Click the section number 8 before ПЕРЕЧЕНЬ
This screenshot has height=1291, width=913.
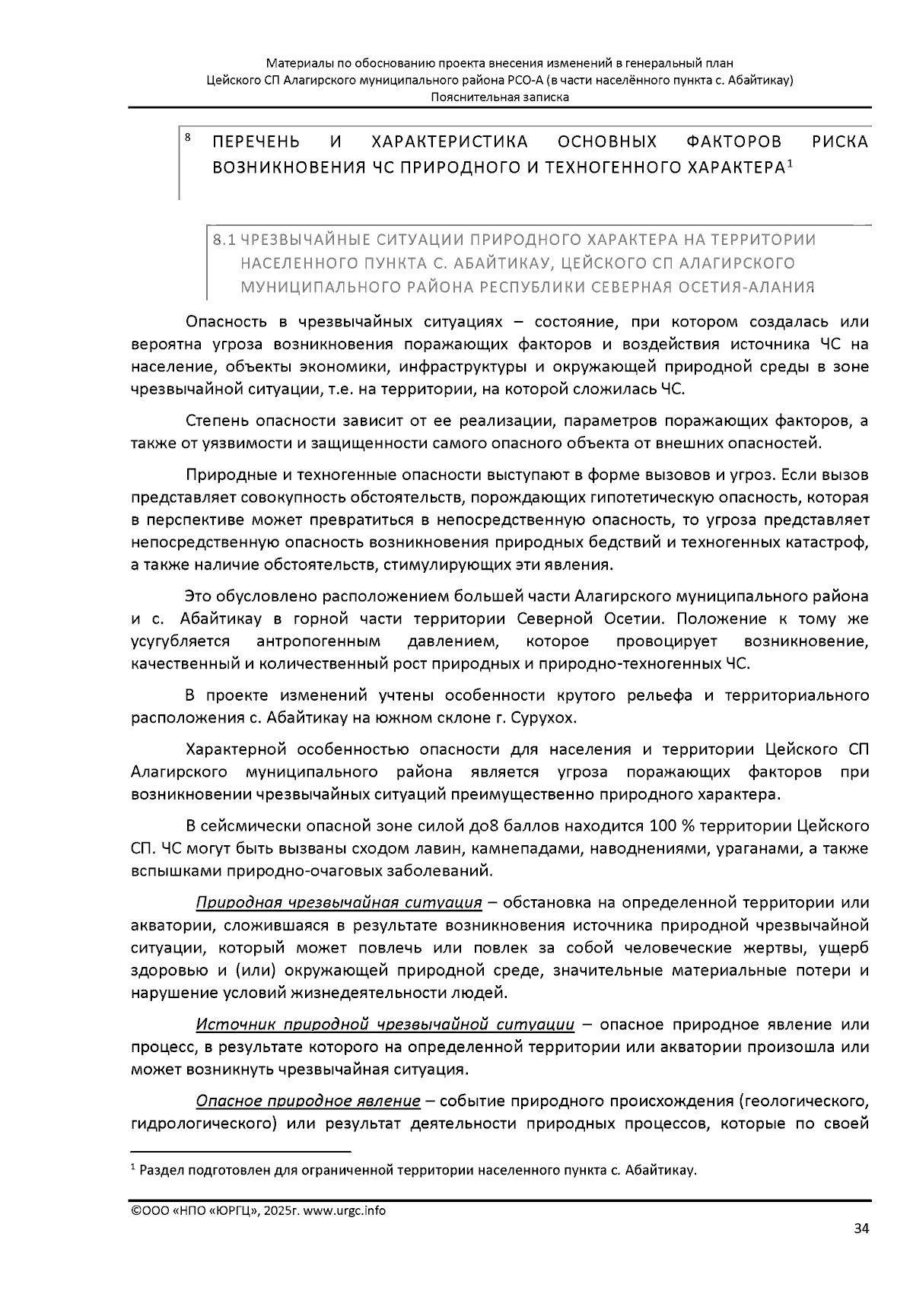[187, 138]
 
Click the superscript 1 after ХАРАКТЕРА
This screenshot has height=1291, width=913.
[790, 162]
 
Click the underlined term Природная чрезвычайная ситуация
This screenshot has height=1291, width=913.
[339, 902]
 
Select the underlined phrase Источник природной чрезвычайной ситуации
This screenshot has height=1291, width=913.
[385, 1024]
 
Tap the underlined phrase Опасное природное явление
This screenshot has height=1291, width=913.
[307, 1101]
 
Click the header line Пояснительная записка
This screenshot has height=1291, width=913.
[499, 97]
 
